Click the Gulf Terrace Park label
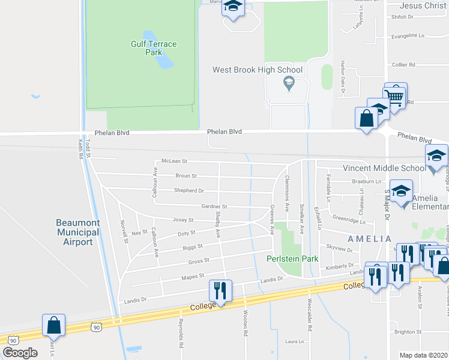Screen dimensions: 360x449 [146, 48]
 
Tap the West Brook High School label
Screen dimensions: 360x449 [258, 70]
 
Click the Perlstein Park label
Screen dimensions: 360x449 [292, 259]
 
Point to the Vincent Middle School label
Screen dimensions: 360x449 [384, 169]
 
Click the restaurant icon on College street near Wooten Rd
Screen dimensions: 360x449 [219, 292]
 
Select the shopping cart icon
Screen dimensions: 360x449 [395, 95]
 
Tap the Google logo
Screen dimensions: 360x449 [20, 353]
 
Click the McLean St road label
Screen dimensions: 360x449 [175, 161]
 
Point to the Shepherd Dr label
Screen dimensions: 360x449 [190, 191]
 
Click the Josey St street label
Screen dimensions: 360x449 [182, 220]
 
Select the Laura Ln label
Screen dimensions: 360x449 [295, 342]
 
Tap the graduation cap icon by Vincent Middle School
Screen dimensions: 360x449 [436, 155]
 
